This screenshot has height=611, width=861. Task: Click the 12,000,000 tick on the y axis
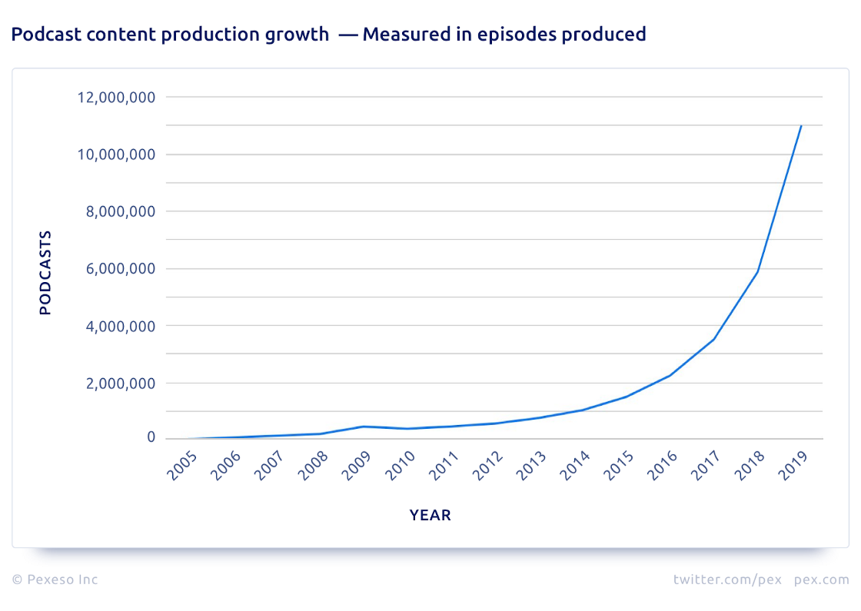point(116,98)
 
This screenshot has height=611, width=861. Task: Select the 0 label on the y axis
point(151,438)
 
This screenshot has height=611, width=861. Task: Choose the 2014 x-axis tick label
point(577,467)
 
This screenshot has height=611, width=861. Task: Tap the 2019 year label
point(796,467)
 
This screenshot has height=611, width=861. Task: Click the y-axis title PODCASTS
point(45,272)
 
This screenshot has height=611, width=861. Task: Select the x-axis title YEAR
point(430,516)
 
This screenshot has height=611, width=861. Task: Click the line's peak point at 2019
point(802,125)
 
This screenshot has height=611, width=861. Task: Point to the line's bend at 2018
point(758,271)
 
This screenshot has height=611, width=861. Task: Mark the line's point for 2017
point(714,339)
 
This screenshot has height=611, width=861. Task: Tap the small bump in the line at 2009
point(363,427)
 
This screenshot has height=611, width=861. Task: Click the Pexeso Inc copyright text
point(55,579)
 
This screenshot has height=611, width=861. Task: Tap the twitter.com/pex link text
point(727,579)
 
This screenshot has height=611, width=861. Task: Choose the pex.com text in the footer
point(822,579)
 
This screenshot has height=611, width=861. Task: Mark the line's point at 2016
point(670,375)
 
